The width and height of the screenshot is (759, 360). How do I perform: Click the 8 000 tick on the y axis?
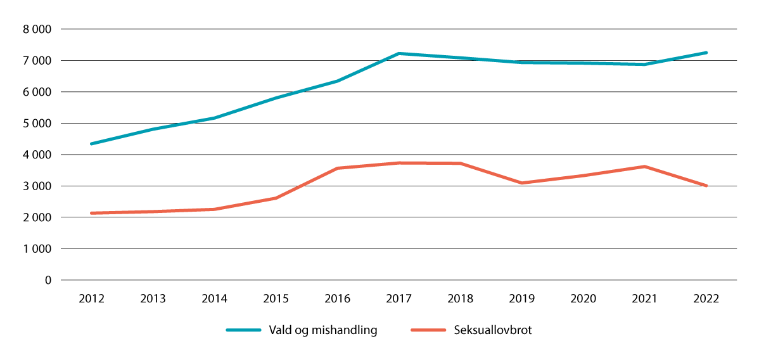(x=37, y=29)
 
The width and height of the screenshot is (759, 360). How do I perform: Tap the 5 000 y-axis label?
(x=37, y=123)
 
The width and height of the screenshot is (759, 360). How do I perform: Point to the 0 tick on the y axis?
(x=48, y=280)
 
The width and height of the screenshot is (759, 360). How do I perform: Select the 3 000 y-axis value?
(x=37, y=186)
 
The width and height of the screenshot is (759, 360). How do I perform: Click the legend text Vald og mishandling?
(x=322, y=330)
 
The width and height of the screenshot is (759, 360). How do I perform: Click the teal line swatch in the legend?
(x=244, y=330)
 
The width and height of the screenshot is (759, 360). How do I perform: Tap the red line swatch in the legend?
(x=429, y=330)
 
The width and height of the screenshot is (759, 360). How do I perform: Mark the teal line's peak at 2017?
(x=399, y=53)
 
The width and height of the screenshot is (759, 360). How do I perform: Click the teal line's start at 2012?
(x=92, y=144)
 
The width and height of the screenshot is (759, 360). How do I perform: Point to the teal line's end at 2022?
(x=706, y=53)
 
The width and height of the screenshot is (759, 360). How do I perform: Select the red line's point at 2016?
(x=338, y=168)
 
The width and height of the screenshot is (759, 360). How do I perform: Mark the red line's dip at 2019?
(x=521, y=183)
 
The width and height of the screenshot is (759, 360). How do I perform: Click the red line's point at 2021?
(x=644, y=167)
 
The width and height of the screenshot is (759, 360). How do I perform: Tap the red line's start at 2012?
(x=92, y=213)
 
